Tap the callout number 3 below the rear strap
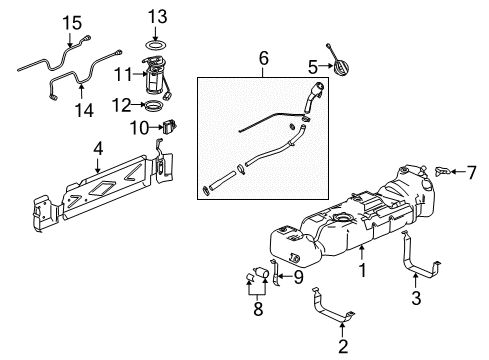(417, 296)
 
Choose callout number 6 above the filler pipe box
(264, 60)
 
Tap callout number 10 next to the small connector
(141, 127)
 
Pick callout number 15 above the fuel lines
(69, 22)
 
